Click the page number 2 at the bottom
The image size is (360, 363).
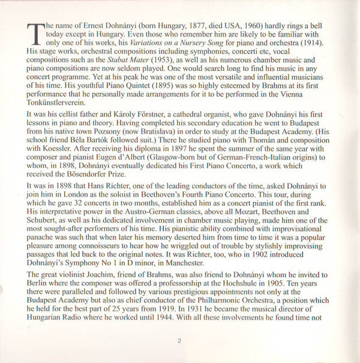[179, 341]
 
